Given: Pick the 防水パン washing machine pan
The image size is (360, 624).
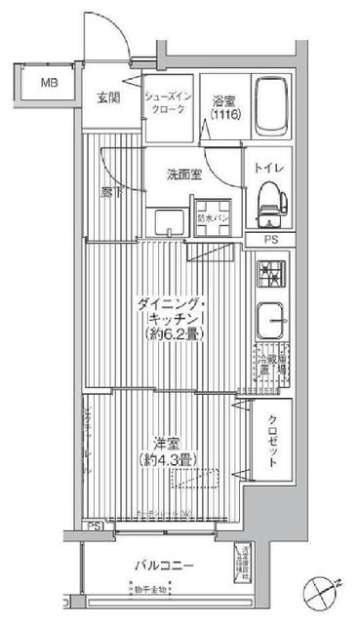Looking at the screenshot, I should pos(212,219).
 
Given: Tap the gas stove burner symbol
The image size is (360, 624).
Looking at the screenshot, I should pos(269,274).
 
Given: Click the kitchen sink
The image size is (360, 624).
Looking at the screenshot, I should pos(270,319).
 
